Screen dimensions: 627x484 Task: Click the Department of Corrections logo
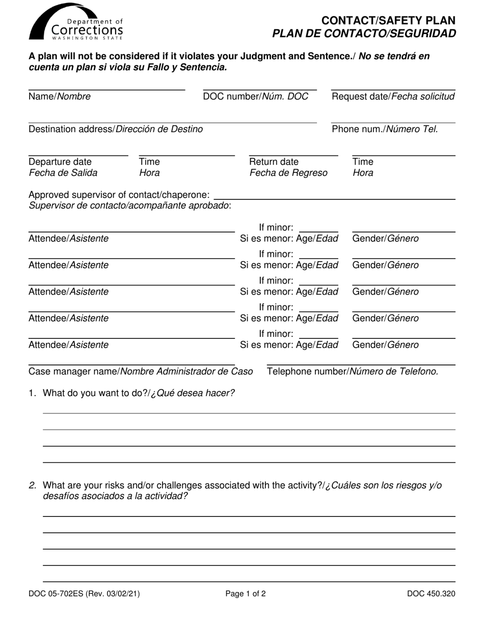(76, 23)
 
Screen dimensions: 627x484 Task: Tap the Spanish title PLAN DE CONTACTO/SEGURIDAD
(364, 34)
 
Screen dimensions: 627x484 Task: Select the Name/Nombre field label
(60, 96)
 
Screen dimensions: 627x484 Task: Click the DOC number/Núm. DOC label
(256, 96)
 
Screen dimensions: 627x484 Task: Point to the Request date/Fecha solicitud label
(393, 96)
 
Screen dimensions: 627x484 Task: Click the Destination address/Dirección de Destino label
(116, 129)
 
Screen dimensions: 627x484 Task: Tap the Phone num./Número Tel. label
(385, 129)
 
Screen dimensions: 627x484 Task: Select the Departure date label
(61, 162)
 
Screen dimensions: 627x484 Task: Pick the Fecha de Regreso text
(288, 173)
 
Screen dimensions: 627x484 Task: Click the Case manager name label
(141, 371)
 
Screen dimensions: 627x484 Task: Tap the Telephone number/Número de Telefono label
(353, 371)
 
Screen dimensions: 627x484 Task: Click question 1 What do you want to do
(139, 393)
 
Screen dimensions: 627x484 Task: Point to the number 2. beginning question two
(33, 485)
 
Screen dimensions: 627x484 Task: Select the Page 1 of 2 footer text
(246, 593)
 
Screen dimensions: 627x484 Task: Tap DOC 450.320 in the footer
(431, 593)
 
